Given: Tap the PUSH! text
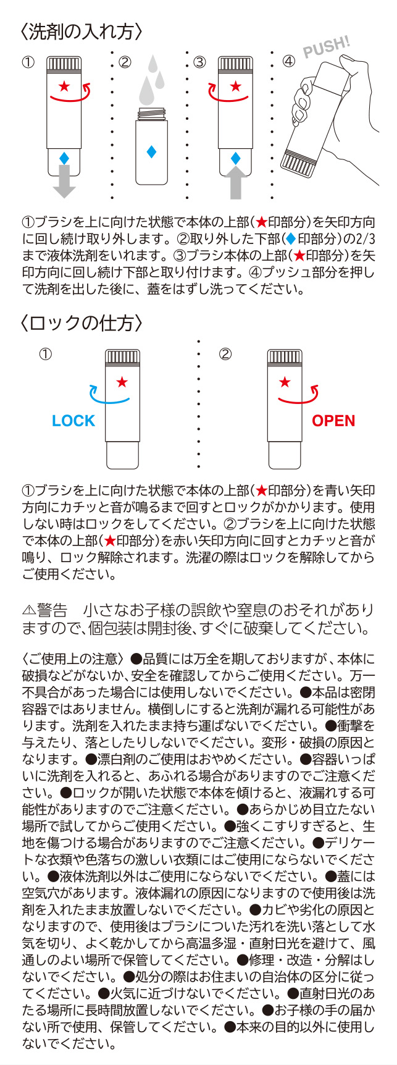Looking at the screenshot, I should pyautogui.click(x=326, y=49).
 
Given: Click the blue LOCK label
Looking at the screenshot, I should pyautogui.click(x=73, y=421).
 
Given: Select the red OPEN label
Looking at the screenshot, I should pyautogui.click(x=333, y=421).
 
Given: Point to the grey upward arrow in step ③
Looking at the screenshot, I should pyautogui.click(x=235, y=182).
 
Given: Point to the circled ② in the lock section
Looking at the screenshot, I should pyautogui.click(x=225, y=354).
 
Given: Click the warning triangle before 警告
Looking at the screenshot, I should pyautogui.click(x=28, y=610).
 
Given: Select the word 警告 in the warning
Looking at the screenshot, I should pyautogui.click(x=52, y=610).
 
